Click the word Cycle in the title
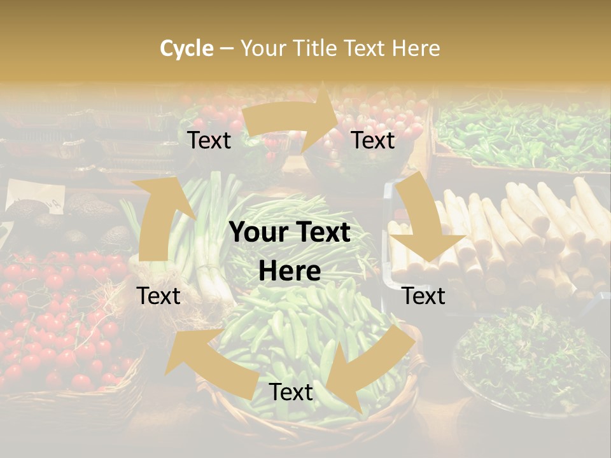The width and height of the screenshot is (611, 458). click(x=186, y=48)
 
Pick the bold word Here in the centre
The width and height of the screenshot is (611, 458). click(x=290, y=272)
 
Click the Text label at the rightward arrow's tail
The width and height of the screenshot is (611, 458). click(x=209, y=140)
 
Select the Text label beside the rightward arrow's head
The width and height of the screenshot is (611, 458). click(x=374, y=140)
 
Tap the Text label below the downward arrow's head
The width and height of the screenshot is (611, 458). click(x=424, y=296)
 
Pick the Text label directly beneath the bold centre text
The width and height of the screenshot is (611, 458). click(x=291, y=392)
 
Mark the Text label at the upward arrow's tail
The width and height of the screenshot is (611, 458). click(x=158, y=296)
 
